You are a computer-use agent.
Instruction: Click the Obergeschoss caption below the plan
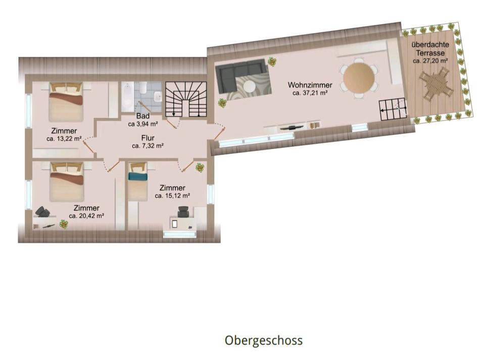tap(264, 340)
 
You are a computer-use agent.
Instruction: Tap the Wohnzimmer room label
tap(310, 85)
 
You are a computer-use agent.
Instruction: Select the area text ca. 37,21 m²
tap(310, 93)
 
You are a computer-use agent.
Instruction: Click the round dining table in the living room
tap(359, 77)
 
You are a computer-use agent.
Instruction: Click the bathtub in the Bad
tap(127, 97)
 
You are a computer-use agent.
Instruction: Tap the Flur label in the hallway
tap(148, 138)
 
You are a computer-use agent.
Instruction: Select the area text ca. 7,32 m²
tap(148, 146)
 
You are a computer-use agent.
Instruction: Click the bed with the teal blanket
tap(138, 181)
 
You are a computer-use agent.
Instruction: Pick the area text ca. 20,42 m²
tap(86, 216)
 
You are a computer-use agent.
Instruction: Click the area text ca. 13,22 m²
tap(64, 139)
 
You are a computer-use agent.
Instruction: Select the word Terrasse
tap(430, 53)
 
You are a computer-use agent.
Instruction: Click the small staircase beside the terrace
tap(393, 110)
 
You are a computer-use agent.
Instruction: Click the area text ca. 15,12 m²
tap(172, 195)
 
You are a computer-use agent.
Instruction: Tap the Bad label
tap(143, 116)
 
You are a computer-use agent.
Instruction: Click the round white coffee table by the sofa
tap(249, 86)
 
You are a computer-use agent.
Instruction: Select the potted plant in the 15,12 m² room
tap(200, 168)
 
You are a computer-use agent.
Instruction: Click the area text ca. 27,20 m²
tap(430, 61)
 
